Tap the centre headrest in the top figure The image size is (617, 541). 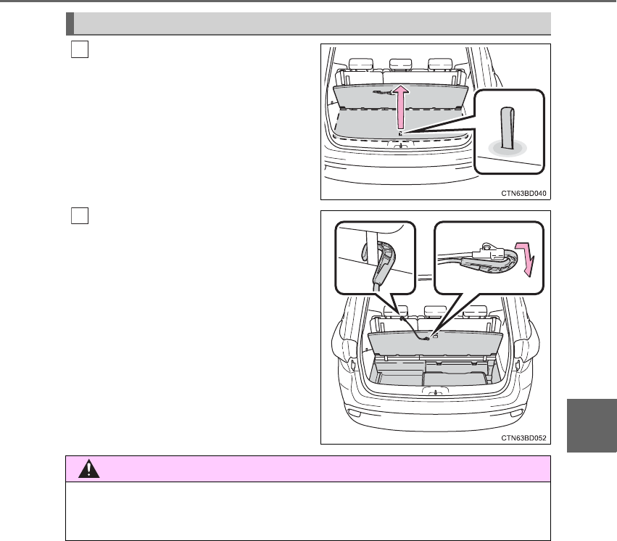pyautogui.click(x=397, y=65)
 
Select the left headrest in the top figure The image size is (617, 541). pyautogui.click(x=358, y=65)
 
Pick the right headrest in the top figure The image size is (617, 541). pyautogui.click(x=437, y=65)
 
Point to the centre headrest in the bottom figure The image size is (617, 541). pyautogui.click(x=434, y=313)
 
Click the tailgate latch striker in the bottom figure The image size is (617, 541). pyautogui.click(x=436, y=392)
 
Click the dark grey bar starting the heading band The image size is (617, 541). pyautogui.click(x=70, y=23)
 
